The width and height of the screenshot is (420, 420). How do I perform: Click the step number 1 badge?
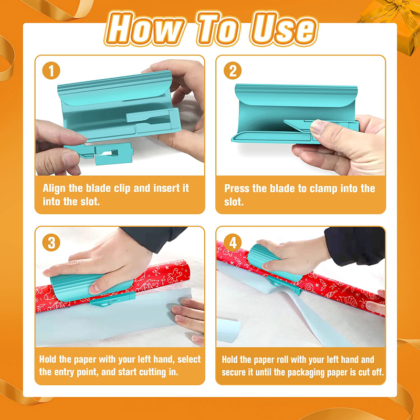[x=51, y=70]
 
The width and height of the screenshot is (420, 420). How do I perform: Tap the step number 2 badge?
[x=233, y=70]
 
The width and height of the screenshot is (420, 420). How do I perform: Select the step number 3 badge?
[x=51, y=243]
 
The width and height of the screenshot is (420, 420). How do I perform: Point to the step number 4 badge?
[x=233, y=243]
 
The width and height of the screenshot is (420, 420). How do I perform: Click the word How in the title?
[x=145, y=28]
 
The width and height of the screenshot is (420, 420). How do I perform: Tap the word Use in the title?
[x=283, y=28]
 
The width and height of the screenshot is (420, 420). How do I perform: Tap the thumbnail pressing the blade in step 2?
[x=318, y=127]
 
